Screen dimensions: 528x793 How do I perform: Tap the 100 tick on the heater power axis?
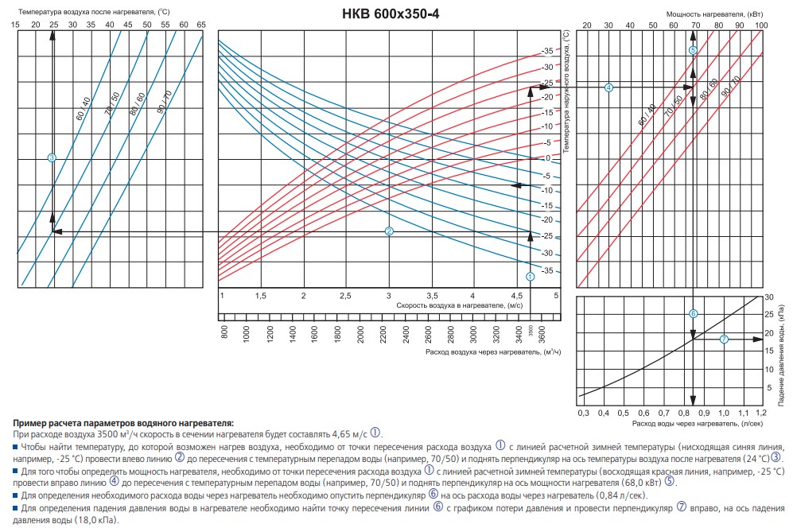click(x=760, y=26)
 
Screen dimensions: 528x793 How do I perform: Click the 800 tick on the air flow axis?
click(x=224, y=332)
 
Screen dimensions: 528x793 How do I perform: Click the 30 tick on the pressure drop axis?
click(x=768, y=297)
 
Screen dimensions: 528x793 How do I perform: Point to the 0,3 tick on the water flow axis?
click(x=583, y=414)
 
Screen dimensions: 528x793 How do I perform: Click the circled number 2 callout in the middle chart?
click(x=390, y=231)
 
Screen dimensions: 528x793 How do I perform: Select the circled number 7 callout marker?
click(x=724, y=340)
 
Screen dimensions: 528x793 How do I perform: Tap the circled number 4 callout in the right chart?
click(x=608, y=87)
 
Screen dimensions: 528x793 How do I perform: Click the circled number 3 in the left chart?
click(x=52, y=158)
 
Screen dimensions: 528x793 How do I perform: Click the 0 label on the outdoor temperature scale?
click(x=547, y=157)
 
